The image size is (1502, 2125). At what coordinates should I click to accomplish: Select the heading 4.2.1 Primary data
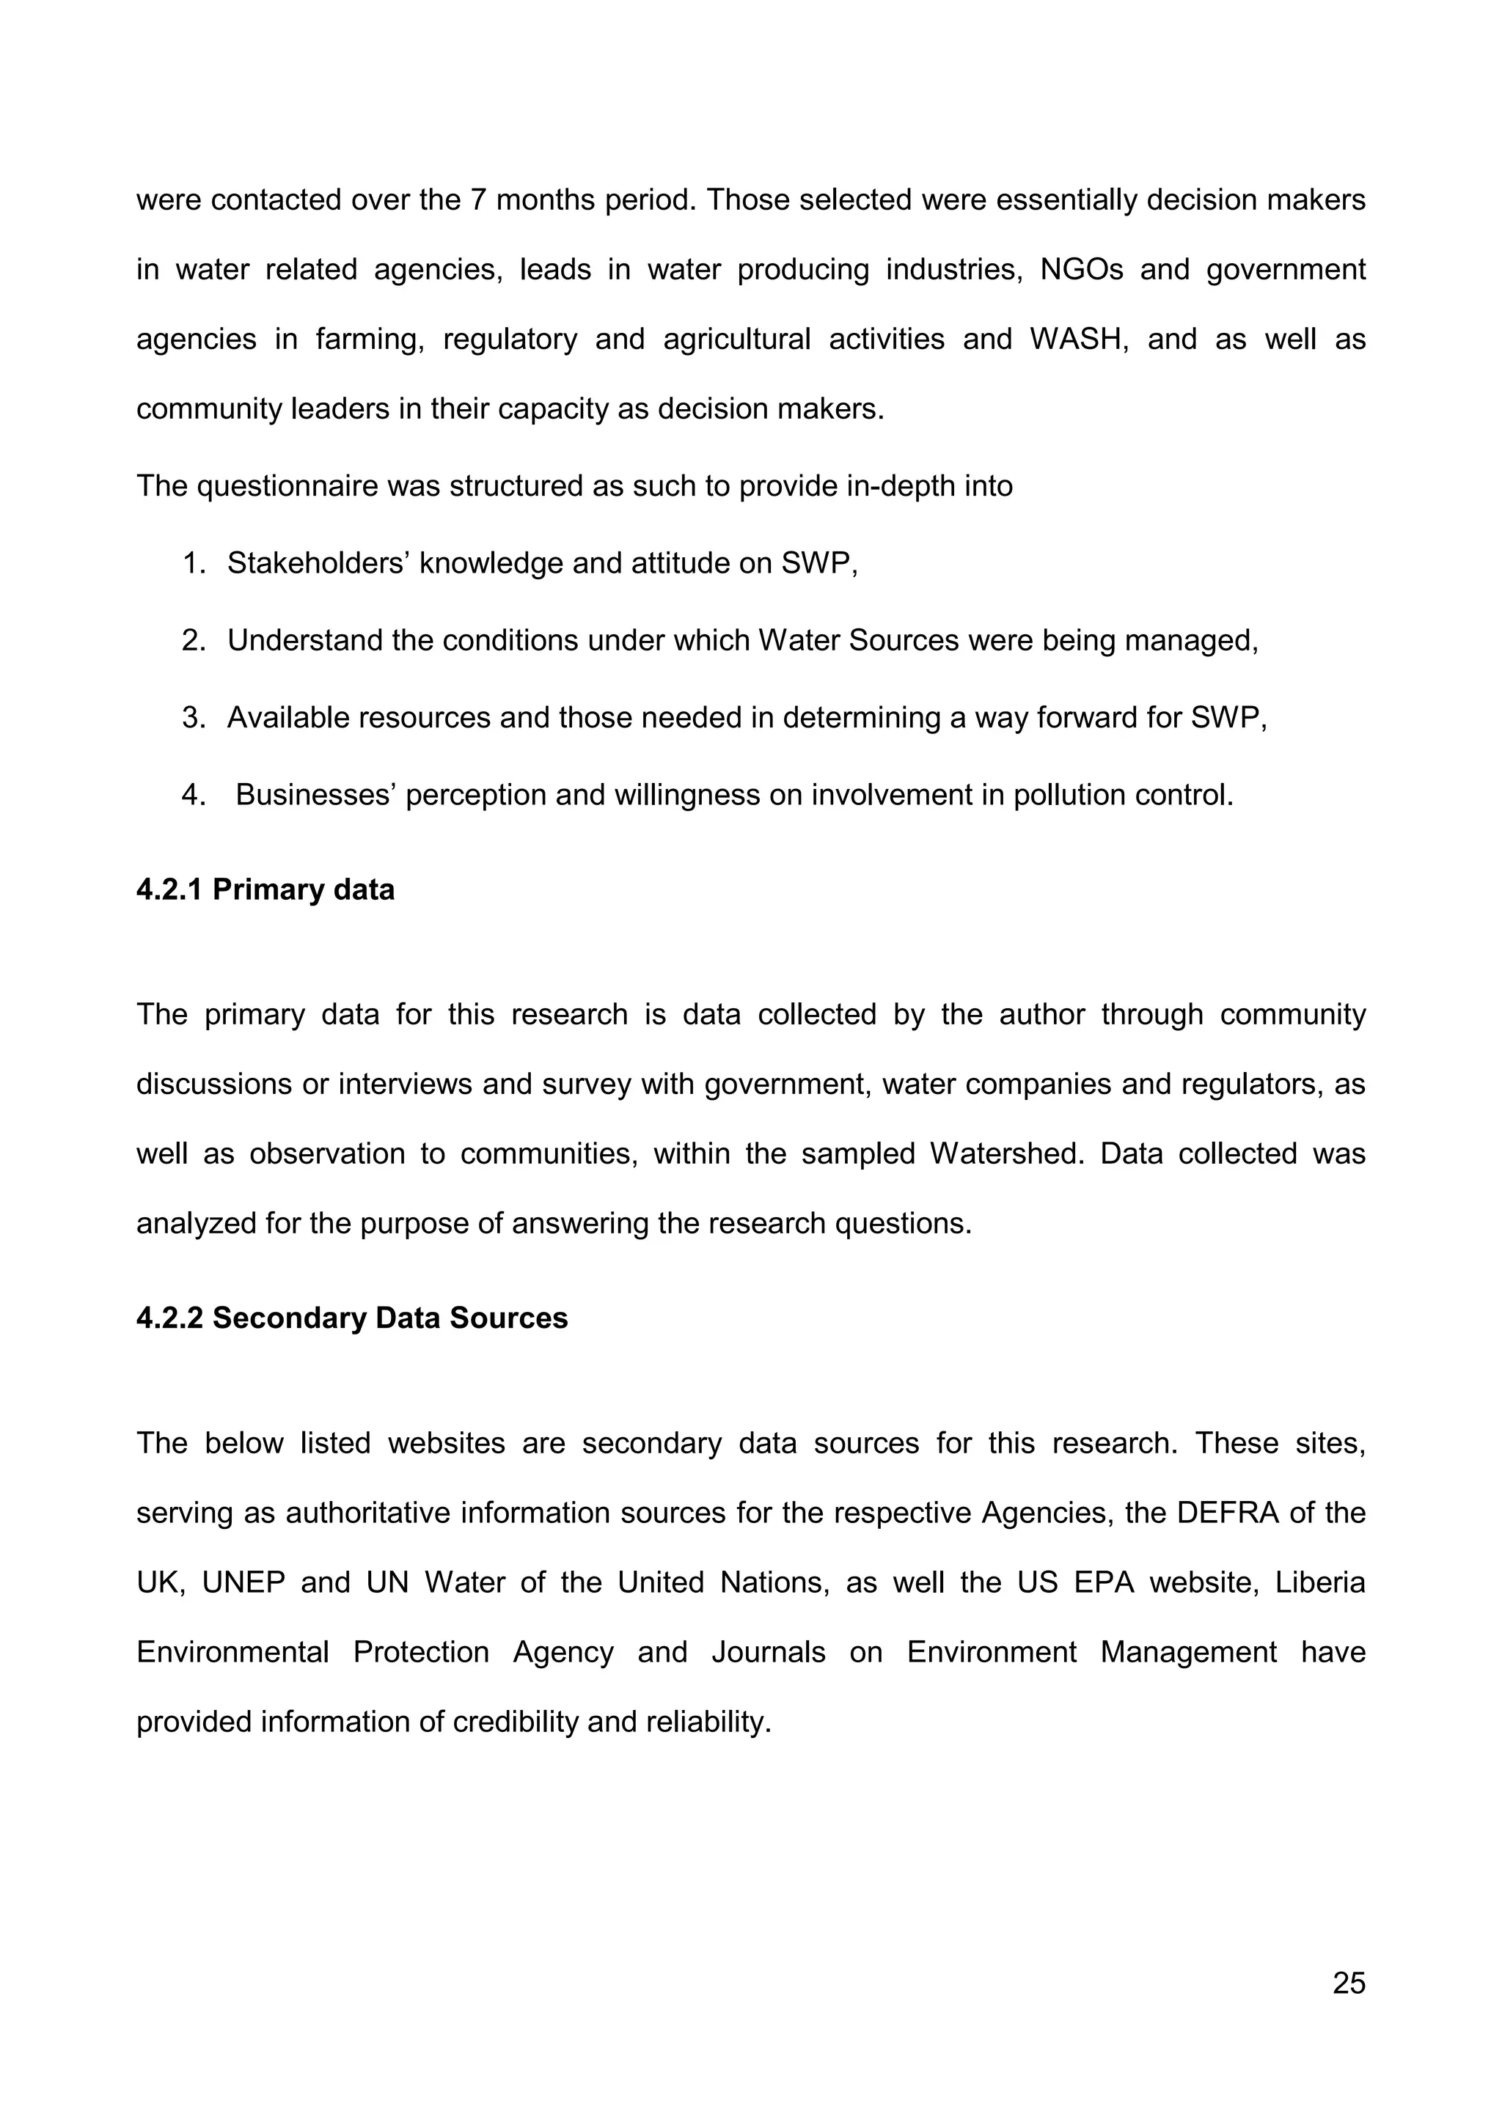coord(265,890)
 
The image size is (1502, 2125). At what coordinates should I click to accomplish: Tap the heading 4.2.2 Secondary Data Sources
coord(352,1318)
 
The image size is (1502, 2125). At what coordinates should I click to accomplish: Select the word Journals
coord(768,1652)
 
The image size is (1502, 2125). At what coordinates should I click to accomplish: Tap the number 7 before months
coord(478,201)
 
